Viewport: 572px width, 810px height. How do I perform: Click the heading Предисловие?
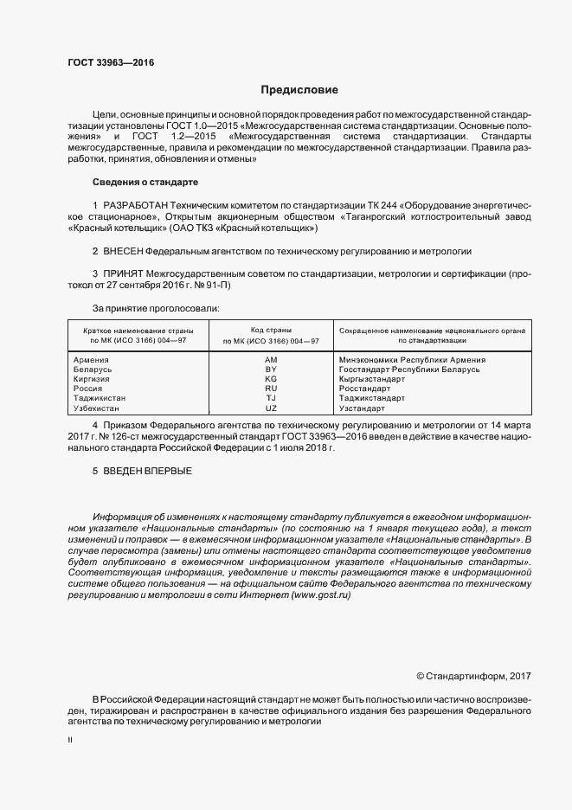[300, 90]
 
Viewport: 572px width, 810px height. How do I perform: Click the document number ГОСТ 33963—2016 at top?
[105, 62]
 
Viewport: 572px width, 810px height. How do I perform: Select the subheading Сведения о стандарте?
[145, 183]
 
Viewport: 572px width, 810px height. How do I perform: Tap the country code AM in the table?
[271, 359]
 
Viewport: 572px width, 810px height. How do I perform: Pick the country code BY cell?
[271, 370]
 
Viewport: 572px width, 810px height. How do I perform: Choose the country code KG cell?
[271, 379]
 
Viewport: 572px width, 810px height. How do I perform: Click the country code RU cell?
[271, 389]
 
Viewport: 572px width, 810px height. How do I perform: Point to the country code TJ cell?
[271, 398]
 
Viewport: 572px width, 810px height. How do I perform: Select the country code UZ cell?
[271, 408]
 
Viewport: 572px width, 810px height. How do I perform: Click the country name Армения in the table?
[92, 359]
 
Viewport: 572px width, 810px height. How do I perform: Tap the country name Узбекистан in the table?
[98, 408]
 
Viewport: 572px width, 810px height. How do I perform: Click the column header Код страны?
[271, 331]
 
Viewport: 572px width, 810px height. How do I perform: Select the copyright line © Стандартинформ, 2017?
[472, 675]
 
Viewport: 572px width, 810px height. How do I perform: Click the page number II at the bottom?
[70, 742]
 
